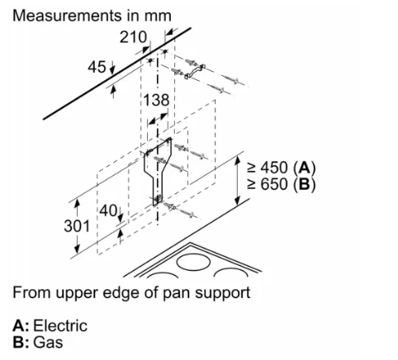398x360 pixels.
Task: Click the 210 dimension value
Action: (133, 37)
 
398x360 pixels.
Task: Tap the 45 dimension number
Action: (97, 67)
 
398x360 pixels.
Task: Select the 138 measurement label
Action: (156, 100)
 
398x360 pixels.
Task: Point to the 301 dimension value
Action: (77, 226)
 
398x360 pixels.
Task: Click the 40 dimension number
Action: (108, 211)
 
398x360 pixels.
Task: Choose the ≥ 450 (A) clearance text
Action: (282, 168)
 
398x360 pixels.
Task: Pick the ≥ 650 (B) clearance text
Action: (282, 184)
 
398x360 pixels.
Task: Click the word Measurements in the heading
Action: (67, 16)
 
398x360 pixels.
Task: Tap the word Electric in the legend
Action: (60, 325)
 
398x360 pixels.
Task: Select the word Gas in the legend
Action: (48, 343)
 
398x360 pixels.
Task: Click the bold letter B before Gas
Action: (19, 343)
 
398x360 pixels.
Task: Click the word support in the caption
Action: (222, 293)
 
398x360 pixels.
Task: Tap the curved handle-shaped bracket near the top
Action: (195, 70)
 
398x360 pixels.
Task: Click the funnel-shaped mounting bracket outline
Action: (158, 171)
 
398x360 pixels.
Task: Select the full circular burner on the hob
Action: (195, 261)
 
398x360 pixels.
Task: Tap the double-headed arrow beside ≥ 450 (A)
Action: (238, 180)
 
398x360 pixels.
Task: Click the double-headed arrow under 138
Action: (158, 119)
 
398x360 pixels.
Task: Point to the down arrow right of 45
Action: (111, 68)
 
